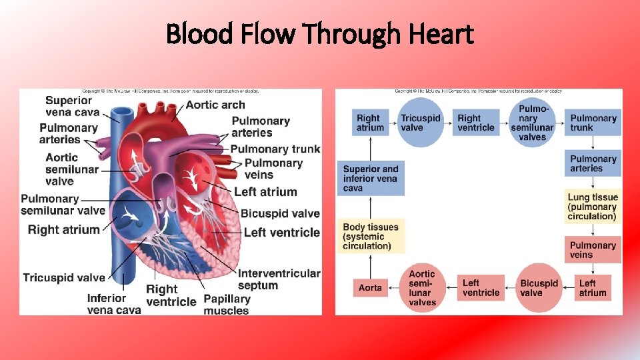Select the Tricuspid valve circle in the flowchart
(420, 123)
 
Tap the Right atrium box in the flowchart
(370, 123)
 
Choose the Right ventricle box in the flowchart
(476, 123)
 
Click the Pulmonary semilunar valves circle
(532, 123)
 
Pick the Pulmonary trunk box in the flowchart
(593, 123)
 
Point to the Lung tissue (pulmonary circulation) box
(593, 207)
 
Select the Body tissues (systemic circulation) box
(370, 237)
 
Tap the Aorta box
(370, 287)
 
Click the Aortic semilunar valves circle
(422, 288)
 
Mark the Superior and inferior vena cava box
(370, 179)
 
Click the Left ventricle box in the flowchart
(480, 288)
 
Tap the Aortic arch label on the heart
(215, 105)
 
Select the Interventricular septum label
(279, 279)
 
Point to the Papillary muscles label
(227, 305)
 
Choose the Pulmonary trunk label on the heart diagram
(275, 149)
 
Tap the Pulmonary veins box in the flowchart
(593, 250)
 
